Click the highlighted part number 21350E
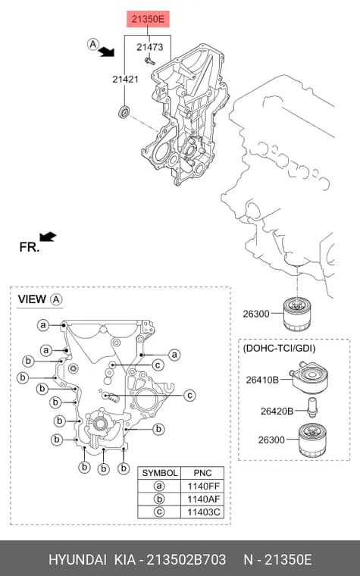pyautogui.click(x=148, y=19)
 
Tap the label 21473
pyautogui.click(x=150, y=47)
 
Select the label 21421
pyautogui.click(x=125, y=79)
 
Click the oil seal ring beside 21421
pyautogui.click(x=124, y=111)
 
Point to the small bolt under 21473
pyautogui.click(x=150, y=61)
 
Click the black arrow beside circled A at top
pyautogui.click(x=107, y=52)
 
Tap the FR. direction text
pyautogui.click(x=30, y=247)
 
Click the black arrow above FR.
pyautogui.click(x=48, y=236)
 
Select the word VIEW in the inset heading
pyautogui.click(x=32, y=299)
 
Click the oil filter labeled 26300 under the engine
pyautogui.click(x=297, y=314)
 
